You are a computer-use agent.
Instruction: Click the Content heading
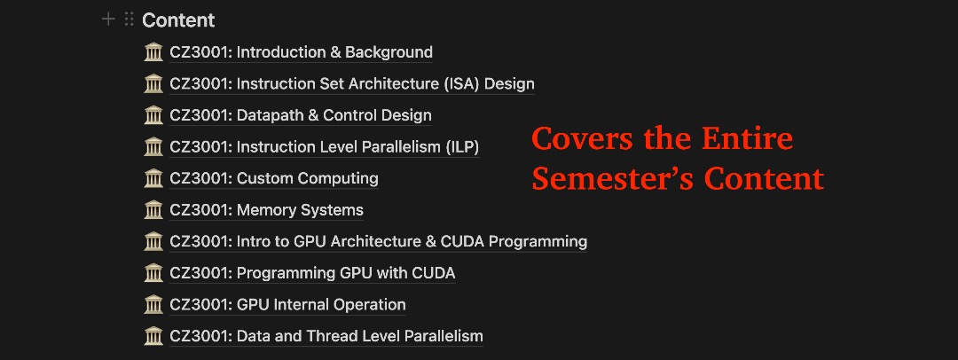tap(178, 20)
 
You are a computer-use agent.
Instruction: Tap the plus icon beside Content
tap(108, 19)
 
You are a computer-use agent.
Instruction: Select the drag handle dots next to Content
tap(129, 19)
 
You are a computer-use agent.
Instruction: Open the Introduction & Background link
tap(301, 52)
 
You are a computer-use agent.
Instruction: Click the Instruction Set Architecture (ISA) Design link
tap(351, 84)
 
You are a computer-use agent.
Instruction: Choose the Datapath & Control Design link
tap(300, 115)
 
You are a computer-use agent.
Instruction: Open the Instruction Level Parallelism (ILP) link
tap(324, 147)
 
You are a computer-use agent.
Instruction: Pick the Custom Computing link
tap(273, 178)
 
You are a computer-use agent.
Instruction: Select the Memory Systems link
tap(266, 210)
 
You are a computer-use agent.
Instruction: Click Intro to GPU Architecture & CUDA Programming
tap(378, 241)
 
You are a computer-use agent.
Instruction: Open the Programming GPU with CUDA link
tap(312, 273)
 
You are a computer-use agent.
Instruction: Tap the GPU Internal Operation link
tap(287, 304)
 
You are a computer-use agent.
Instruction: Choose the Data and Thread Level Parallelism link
tap(326, 336)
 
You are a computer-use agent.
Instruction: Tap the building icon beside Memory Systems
tap(153, 210)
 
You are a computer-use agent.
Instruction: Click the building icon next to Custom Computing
tap(153, 178)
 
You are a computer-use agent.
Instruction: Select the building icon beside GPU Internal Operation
tap(153, 304)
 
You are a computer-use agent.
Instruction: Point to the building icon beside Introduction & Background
tap(153, 52)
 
